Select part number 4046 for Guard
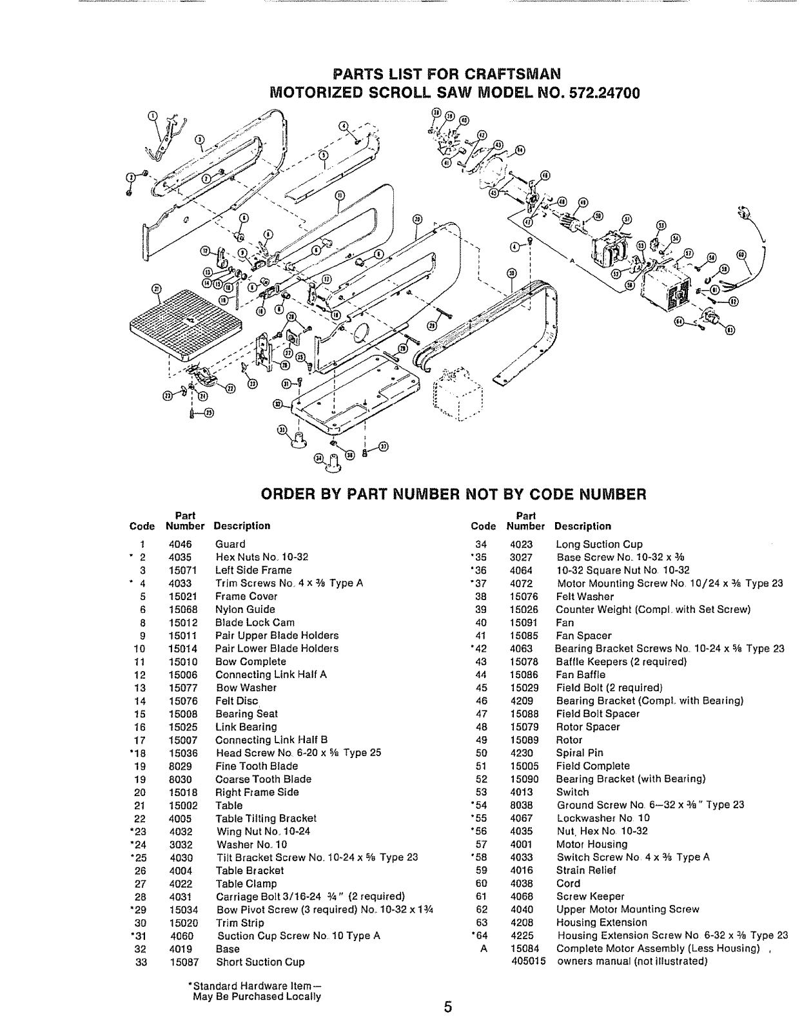[180, 544]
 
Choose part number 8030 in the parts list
[180, 779]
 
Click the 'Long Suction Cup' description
[599, 544]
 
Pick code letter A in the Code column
[484, 949]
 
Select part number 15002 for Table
[183, 805]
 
